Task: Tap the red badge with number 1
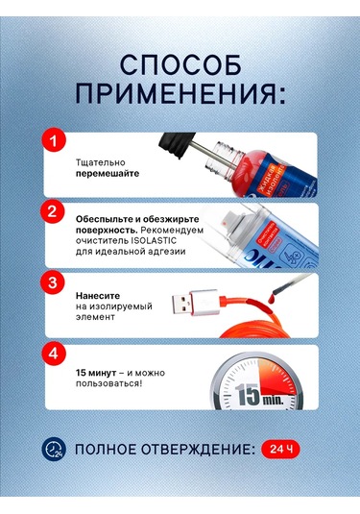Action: (x=55, y=142)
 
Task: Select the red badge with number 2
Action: (x=55, y=210)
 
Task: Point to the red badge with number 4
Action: (x=55, y=353)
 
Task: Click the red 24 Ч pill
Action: (x=279, y=448)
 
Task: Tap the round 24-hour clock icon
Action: (x=54, y=448)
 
